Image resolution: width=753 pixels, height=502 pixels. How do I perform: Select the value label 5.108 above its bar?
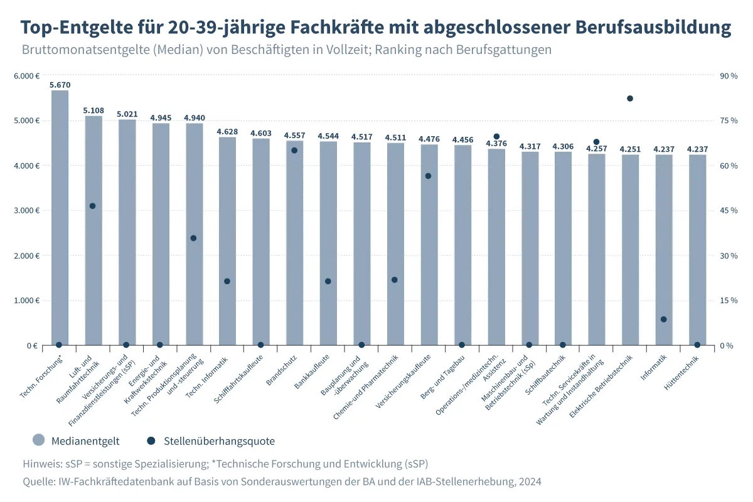point(93,110)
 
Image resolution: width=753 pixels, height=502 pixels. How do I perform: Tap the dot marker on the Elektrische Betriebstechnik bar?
point(630,99)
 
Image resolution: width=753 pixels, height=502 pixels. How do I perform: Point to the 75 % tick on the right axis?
point(729,120)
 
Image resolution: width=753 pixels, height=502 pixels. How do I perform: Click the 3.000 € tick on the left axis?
point(27,211)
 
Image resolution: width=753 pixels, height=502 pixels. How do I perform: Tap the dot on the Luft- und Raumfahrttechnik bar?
point(93,206)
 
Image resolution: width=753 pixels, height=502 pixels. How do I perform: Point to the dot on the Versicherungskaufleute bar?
point(429,176)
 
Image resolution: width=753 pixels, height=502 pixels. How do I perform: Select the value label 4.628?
point(227,131)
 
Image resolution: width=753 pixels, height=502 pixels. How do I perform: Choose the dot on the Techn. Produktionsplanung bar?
point(193,238)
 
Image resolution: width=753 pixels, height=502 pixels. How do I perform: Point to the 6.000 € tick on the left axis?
point(27,76)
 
